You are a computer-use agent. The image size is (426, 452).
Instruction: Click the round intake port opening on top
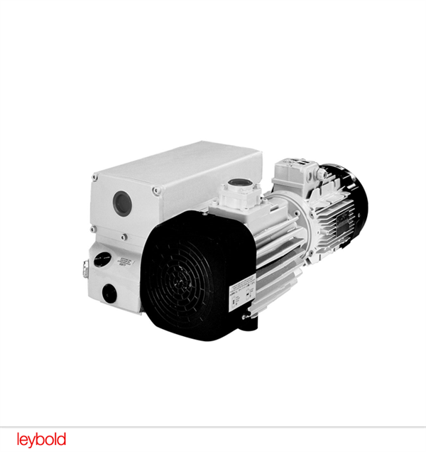[x=237, y=188]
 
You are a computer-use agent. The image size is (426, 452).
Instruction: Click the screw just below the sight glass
[x=124, y=237]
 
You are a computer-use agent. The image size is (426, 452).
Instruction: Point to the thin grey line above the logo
[x=213, y=426]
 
